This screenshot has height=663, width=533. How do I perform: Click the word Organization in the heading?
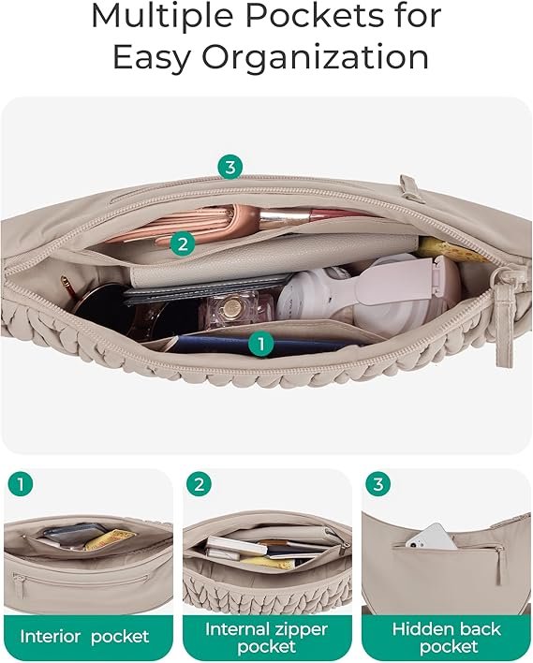(x=315, y=58)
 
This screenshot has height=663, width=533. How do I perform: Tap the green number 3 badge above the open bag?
(x=230, y=167)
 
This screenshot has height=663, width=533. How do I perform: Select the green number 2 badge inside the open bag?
(x=183, y=244)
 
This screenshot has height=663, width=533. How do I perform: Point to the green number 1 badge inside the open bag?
(x=261, y=344)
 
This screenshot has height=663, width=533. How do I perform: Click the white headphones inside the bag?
(x=368, y=292)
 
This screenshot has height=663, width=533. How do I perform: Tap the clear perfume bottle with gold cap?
(x=230, y=311)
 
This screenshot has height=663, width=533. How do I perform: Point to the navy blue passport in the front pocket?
(x=254, y=345)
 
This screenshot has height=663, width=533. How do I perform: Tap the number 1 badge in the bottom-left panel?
(x=21, y=484)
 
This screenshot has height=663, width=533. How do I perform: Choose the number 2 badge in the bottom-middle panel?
(x=199, y=484)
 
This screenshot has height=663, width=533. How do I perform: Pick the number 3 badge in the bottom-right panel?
(x=378, y=484)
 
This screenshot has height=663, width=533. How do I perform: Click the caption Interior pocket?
(x=84, y=637)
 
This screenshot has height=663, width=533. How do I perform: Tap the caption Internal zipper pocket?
(x=266, y=638)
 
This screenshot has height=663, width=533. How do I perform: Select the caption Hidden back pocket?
(x=447, y=638)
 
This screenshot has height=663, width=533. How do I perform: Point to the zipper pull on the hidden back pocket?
(x=500, y=565)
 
